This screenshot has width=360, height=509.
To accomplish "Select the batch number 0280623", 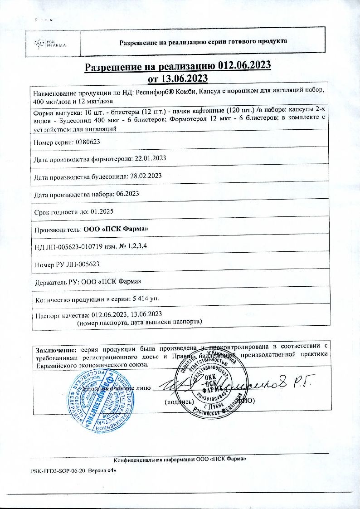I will coord(86,142).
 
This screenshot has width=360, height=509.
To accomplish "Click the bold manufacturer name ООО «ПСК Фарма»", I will coord(116,229).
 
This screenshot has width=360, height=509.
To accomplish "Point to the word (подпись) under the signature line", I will coord(179,401).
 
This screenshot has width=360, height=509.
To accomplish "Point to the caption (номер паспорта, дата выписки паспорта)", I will coord(139,322).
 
